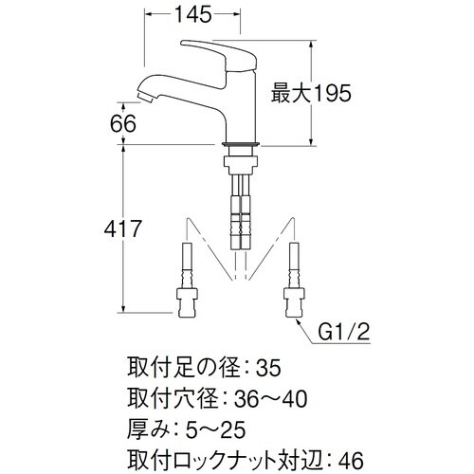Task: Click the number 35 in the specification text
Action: [270, 365]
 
